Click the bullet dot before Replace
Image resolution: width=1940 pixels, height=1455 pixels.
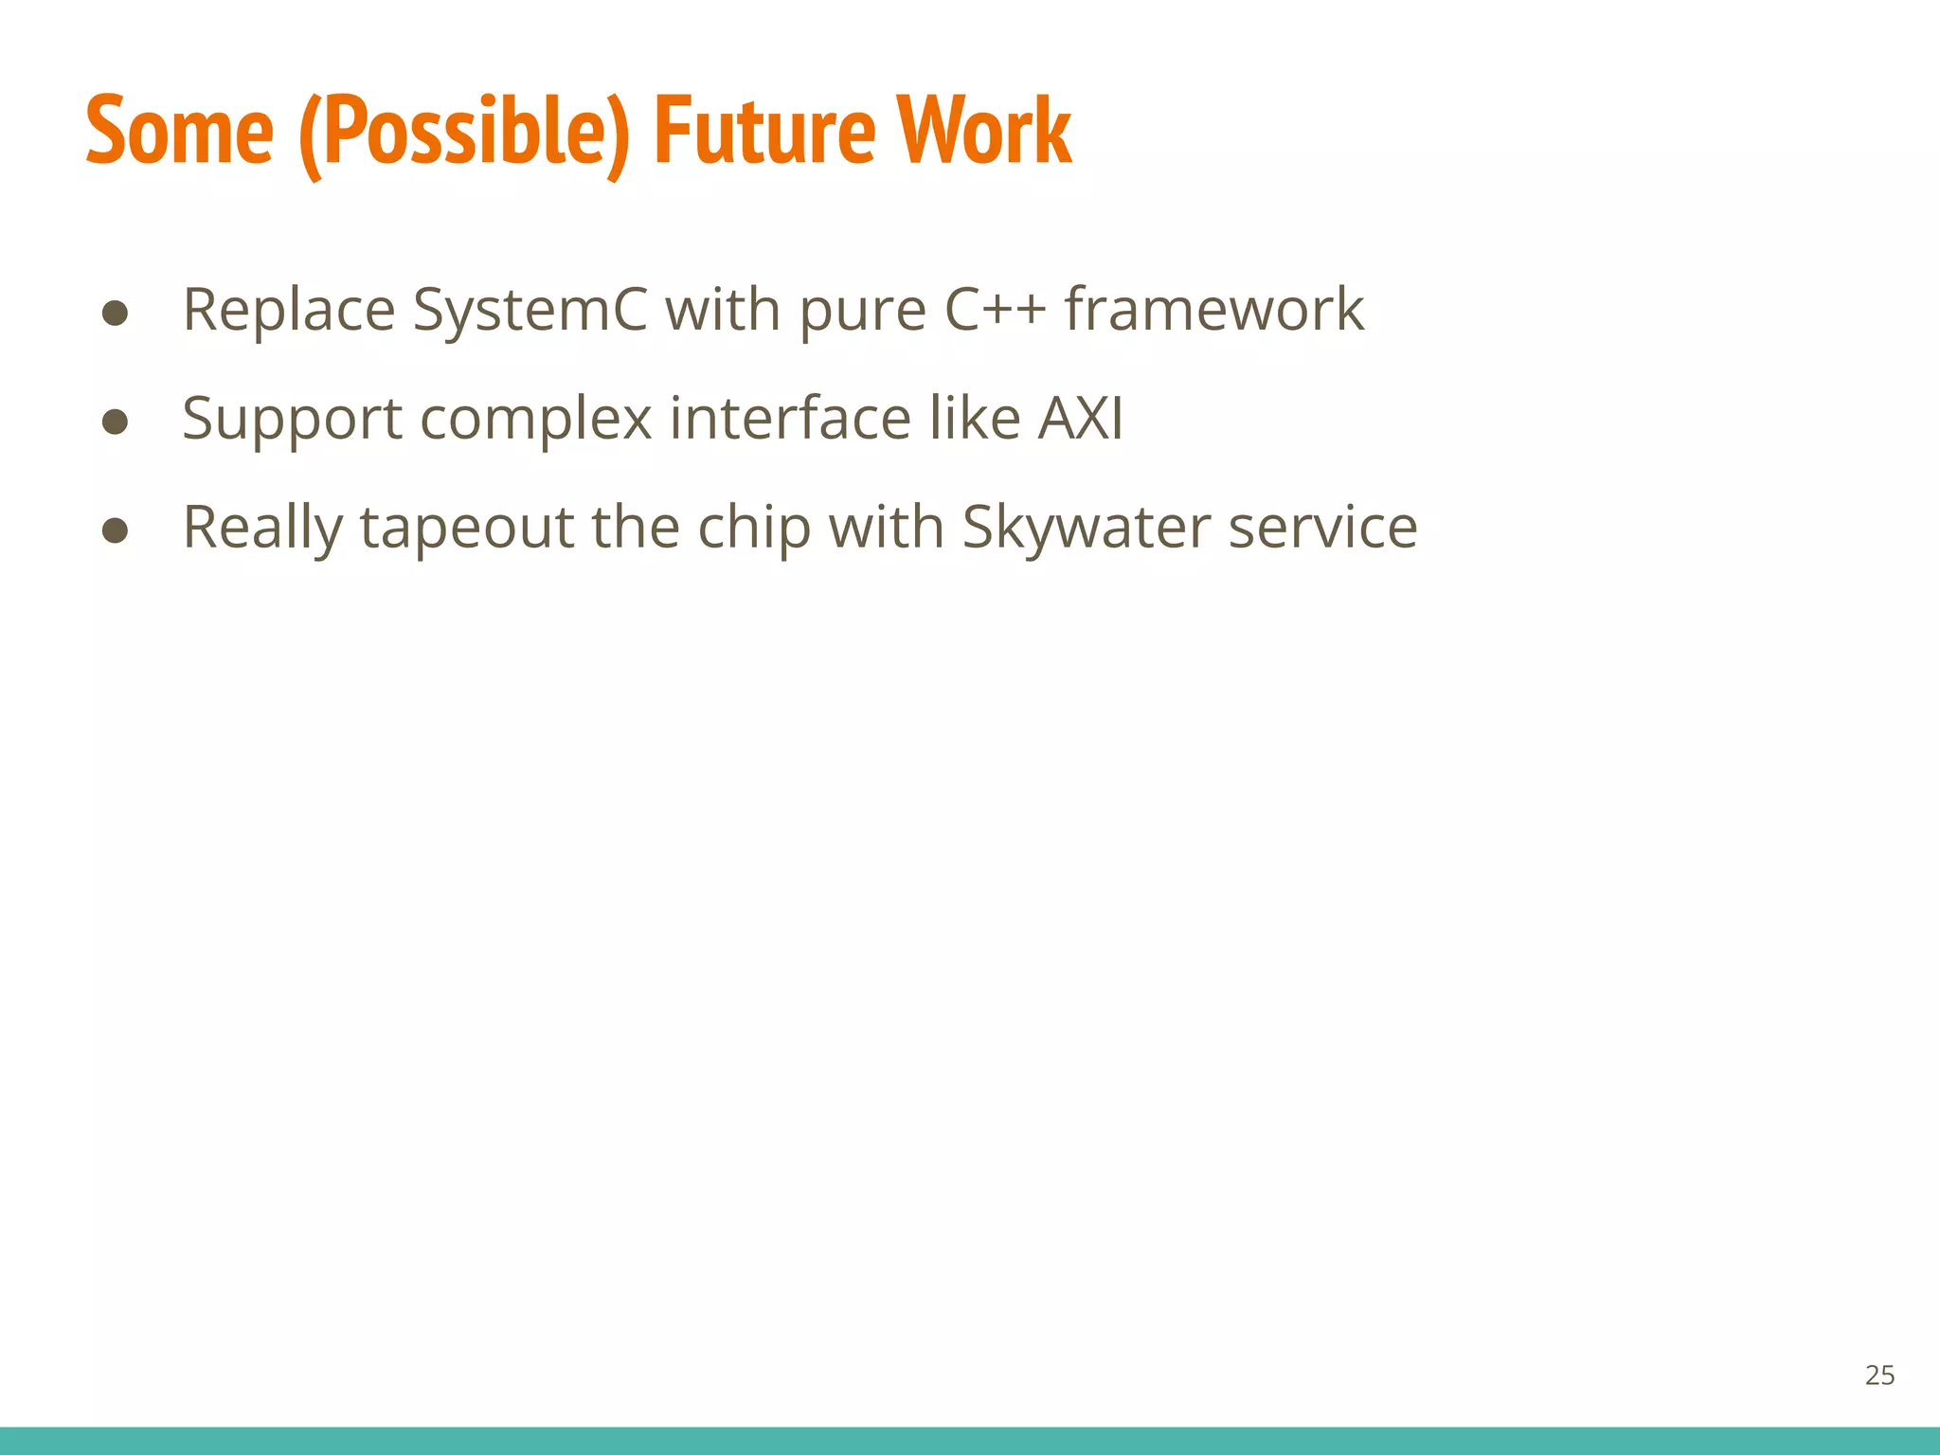(x=116, y=313)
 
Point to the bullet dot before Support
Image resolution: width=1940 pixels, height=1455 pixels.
(x=116, y=422)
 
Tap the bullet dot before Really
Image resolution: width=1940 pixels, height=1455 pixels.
(x=116, y=530)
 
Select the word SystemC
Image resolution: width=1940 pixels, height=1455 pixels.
(x=530, y=311)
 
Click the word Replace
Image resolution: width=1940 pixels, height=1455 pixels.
(x=289, y=311)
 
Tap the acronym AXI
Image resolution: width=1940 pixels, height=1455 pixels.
(x=1080, y=418)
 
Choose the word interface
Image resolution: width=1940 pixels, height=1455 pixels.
(x=790, y=418)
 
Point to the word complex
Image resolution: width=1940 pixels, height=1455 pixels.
(x=536, y=420)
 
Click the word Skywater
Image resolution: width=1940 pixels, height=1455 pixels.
(x=1086, y=528)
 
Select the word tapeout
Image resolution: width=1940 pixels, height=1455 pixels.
(x=467, y=529)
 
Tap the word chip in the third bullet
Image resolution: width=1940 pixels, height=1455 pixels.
(x=754, y=528)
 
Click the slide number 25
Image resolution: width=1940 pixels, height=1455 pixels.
(x=1879, y=1375)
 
